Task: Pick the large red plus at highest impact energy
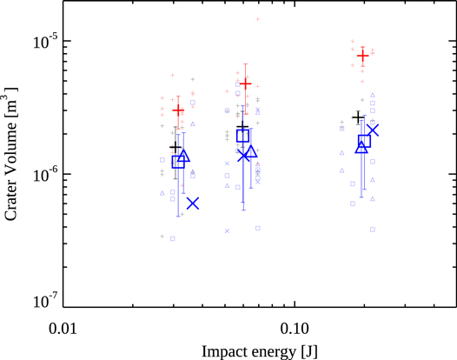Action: [x=363, y=56]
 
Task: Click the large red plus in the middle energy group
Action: [x=246, y=84]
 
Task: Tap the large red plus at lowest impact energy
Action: [x=178, y=110]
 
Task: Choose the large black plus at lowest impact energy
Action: [x=175, y=148]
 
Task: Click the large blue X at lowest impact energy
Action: [x=193, y=203]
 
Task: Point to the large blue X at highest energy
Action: [x=373, y=130]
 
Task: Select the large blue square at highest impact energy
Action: [x=365, y=141]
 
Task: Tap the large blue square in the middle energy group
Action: [x=243, y=136]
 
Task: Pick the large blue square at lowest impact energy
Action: [x=178, y=162]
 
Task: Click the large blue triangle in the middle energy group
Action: [x=252, y=153]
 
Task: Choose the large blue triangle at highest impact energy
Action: [x=361, y=147]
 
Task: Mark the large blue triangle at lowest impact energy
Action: [x=184, y=157]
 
